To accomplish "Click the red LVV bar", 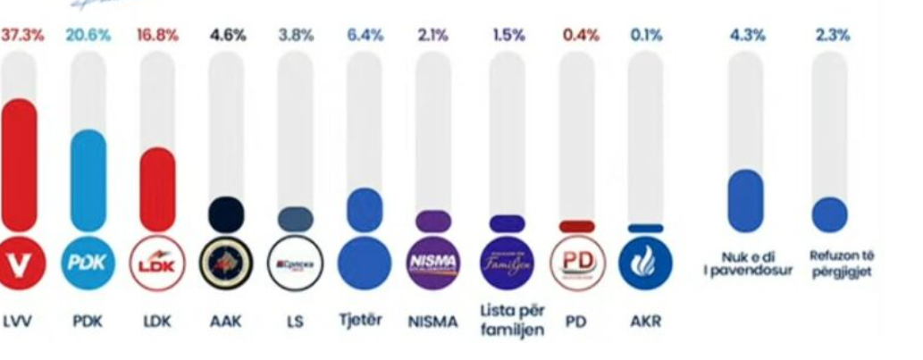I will point(18,165).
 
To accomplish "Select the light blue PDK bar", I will point(88,181).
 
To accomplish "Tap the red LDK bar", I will point(157,189).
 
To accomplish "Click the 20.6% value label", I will point(88,37).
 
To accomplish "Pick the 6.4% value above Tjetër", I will point(365,37).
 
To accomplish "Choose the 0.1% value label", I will point(645,37).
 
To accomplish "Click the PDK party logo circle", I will point(88,264).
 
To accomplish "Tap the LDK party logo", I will point(157,264).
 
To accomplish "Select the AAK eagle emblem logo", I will point(225,264).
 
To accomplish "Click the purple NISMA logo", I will point(433,264).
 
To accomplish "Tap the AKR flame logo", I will point(645,264).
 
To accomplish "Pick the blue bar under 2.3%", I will point(830,215).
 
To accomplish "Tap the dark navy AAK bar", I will point(226,214).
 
